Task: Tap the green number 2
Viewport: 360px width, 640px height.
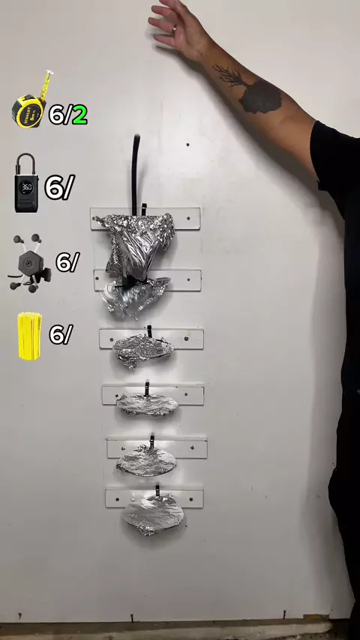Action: coord(79,115)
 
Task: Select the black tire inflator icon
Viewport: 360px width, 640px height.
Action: coord(26,183)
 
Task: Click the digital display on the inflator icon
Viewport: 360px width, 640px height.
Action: coord(26,187)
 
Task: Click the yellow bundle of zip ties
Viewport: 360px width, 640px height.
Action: coord(29,336)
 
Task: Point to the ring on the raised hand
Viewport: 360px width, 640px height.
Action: coord(175,28)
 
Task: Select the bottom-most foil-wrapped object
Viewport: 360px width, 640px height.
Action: coord(153,514)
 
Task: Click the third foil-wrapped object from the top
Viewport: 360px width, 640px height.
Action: coord(142,350)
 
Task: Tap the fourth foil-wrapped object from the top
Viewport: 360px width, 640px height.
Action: coord(147,405)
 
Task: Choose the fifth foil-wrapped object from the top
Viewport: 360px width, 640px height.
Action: coord(147,462)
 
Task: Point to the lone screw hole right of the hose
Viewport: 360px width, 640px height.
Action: coord(187,145)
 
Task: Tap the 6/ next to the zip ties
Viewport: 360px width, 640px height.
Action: coord(61,335)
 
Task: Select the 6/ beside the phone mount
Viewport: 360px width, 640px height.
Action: coord(67,262)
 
